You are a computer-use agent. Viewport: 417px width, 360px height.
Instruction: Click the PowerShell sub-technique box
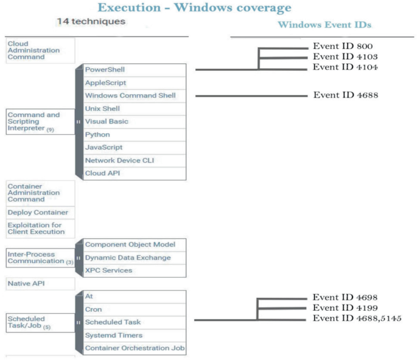tap(135, 70)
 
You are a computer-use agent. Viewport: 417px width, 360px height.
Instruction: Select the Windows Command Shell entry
tap(135, 96)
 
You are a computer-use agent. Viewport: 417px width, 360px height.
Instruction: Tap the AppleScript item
tap(135, 83)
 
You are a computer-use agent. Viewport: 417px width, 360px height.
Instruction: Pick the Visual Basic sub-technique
tap(135, 122)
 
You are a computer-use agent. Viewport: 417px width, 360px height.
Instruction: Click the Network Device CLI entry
tap(135, 160)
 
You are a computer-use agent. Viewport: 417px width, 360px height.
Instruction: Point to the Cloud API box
tap(135, 174)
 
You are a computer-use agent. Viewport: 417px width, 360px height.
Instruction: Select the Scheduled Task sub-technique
tap(135, 322)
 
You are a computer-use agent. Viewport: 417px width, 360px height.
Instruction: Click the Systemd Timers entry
tap(135, 336)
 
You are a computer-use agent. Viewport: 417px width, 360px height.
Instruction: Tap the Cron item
tap(135, 309)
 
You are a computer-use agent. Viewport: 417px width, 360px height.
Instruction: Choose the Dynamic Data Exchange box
tap(135, 258)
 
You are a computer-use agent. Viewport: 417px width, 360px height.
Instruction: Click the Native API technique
tap(40, 284)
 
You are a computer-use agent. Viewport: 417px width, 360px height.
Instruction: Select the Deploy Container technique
tap(40, 213)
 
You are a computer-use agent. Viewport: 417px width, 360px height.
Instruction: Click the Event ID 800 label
tap(343, 46)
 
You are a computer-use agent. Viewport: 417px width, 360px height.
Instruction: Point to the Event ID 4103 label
tap(345, 57)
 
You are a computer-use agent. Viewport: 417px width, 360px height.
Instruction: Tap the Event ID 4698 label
tap(345, 297)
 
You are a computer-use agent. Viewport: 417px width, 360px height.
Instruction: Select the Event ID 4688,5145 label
tap(357, 318)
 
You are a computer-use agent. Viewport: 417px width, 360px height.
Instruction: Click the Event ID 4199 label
tap(345, 308)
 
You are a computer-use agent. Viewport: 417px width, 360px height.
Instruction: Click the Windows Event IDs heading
tap(324, 25)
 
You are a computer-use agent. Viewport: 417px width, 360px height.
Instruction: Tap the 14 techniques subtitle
tap(91, 21)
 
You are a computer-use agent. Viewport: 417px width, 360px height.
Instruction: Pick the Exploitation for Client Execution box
tap(40, 228)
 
